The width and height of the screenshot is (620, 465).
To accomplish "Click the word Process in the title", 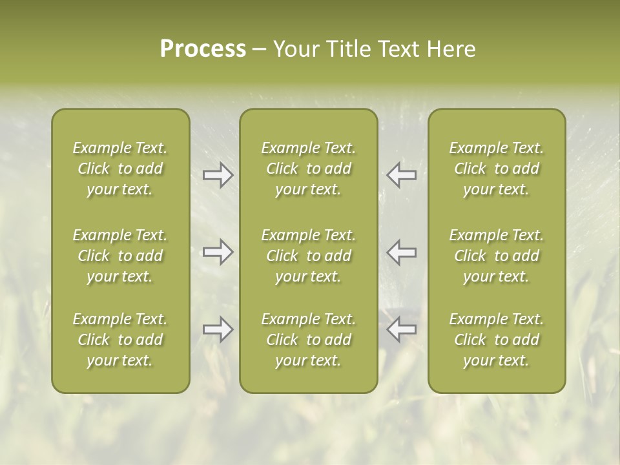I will [203, 49].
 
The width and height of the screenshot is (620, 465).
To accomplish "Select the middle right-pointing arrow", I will [218, 252].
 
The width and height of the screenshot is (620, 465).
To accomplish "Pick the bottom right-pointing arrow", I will [218, 329].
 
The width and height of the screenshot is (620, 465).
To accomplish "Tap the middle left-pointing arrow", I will [402, 252].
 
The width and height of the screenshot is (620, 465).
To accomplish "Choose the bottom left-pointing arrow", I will [402, 329].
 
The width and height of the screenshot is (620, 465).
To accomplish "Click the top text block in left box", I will [120, 169].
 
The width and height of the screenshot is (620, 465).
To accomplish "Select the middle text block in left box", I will [120, 256].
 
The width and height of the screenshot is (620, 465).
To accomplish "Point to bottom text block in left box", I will [120, 340].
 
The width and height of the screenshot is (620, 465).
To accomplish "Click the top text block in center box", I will [309, 169].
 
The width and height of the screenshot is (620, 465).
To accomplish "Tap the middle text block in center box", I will [309, 256].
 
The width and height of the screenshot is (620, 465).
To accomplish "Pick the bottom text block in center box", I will [309, 340].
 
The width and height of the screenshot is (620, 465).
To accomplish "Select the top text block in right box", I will [497, 169].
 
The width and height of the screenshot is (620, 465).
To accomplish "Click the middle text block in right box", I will [497, 256].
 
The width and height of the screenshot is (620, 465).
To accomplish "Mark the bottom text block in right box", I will [497, 340].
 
